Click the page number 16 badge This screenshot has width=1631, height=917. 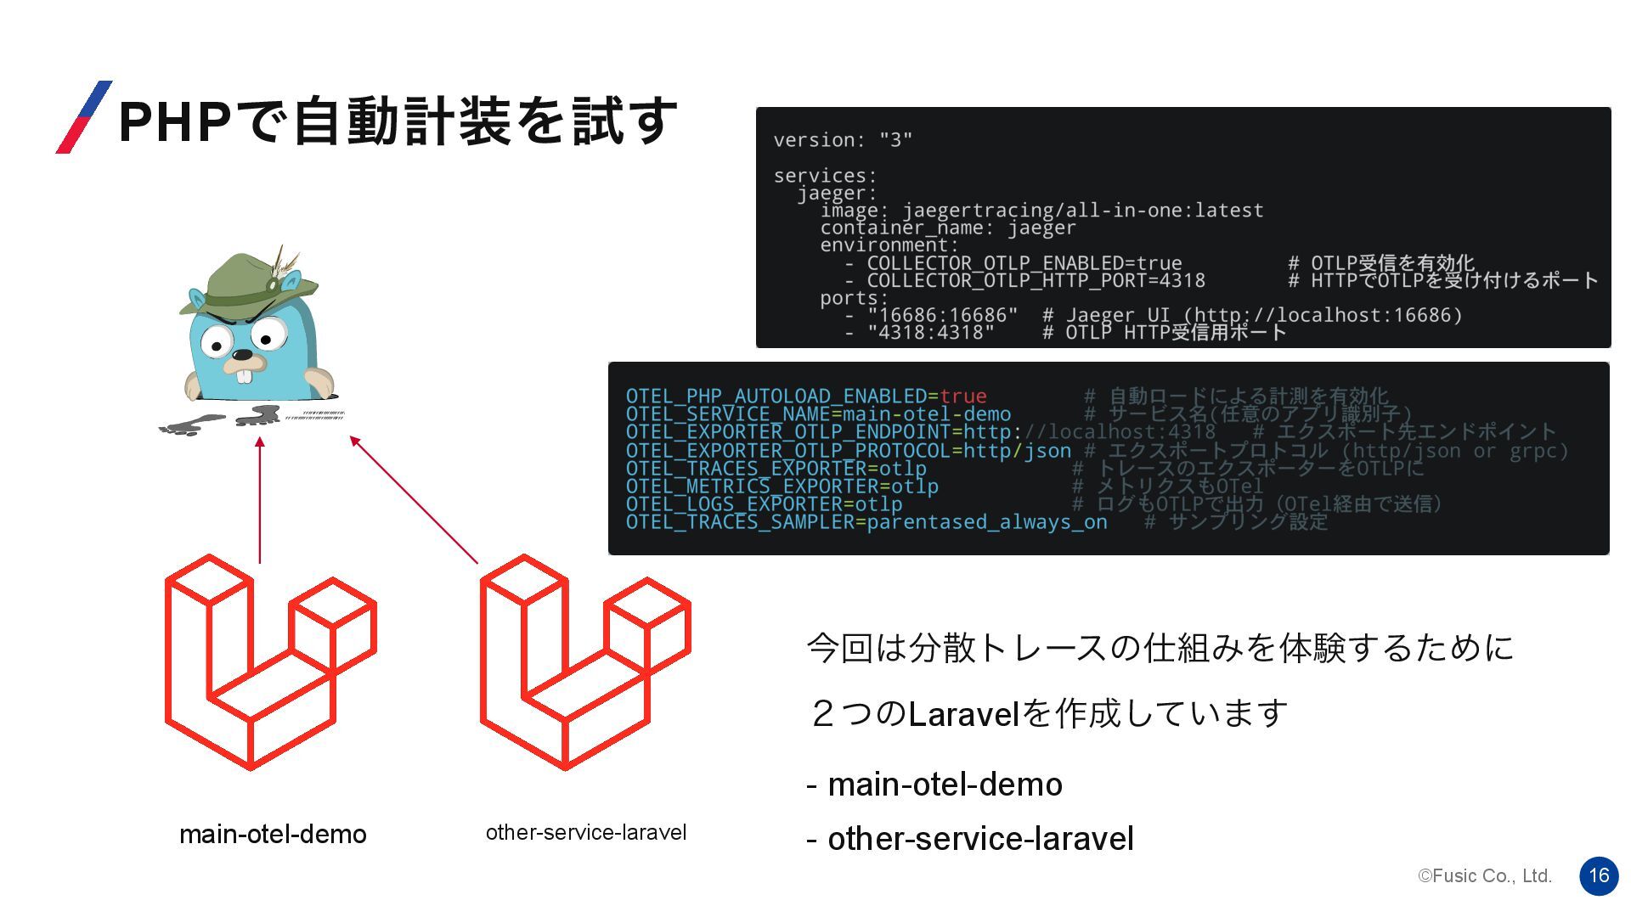click(x=1599, y=875)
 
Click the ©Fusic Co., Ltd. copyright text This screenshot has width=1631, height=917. click(x=1485, y=875)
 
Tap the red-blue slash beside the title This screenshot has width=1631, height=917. click(x=84, y=117)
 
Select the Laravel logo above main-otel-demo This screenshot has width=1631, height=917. click(x=270, y=662)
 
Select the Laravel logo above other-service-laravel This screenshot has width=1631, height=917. click(x=585, y=662)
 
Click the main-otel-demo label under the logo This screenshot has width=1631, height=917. click(x=273, y=834)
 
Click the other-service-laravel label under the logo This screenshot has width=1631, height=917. click(x=586, y=832)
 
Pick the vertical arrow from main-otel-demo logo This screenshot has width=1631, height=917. click(x=260, y=501)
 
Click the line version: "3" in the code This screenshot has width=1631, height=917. click(x=843, y=140)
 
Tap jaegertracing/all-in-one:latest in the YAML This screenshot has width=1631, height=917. click(x=1083, y=211)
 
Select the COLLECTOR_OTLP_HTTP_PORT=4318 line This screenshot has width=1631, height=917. click(x=1036, y=281)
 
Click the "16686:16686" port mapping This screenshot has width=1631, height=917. click(x=942, y=316)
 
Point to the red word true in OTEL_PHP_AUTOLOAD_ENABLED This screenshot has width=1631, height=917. click(x=963, y=397)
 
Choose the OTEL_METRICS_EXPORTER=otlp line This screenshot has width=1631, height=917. click(x=782, y=487)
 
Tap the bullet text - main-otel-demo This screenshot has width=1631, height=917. click(x=934, y=785)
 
